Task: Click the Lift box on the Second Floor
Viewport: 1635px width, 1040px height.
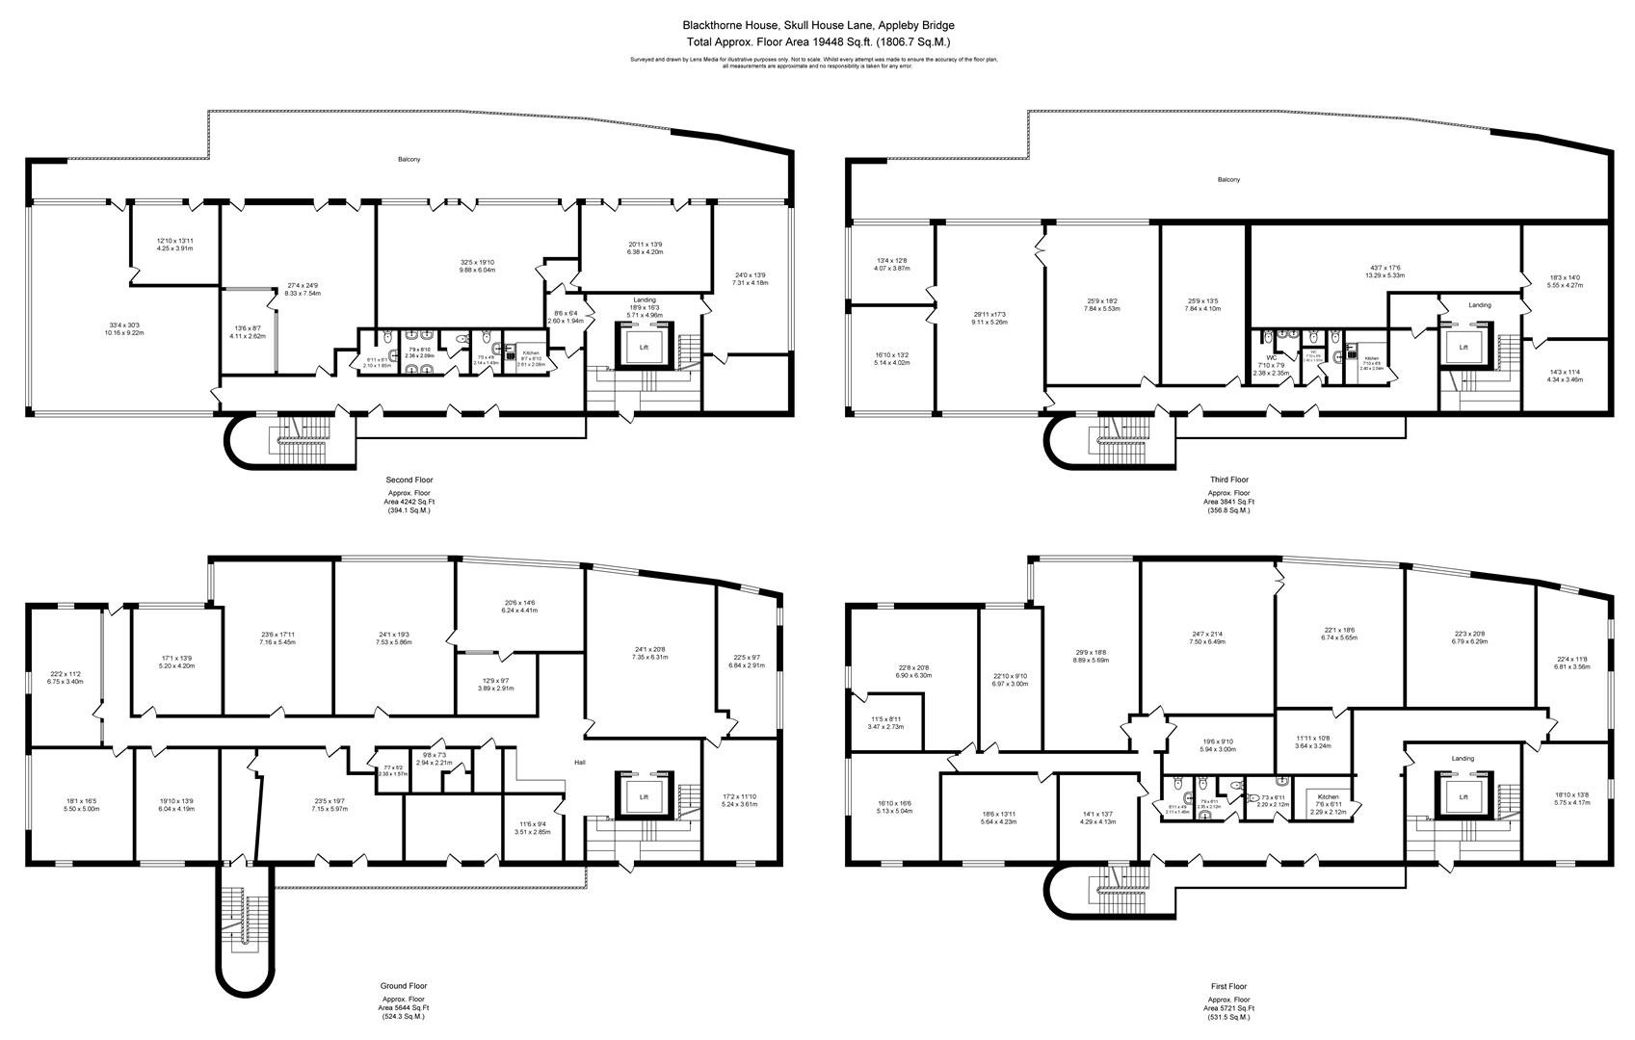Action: [644, 347]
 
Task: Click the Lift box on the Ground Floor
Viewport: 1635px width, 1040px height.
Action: [644, 797]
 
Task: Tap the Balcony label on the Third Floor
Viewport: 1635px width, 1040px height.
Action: [1228, 180]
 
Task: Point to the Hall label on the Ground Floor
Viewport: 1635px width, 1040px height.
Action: [580, 763]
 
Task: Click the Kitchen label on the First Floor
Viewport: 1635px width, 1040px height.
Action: [1329, 798]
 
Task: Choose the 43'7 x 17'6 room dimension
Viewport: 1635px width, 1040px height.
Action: [1384, 272]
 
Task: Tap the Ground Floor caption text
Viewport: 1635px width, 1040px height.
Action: [405, 986]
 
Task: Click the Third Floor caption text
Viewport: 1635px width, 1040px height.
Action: [1228, 480]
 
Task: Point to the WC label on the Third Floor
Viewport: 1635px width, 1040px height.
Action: [1271, 358]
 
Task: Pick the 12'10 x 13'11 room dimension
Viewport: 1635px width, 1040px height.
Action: [175, 245]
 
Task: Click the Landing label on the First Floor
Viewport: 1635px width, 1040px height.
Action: [1463, 759]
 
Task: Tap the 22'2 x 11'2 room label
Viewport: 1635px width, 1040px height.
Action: [66, 678]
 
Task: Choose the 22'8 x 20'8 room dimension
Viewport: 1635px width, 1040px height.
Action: [914, 671]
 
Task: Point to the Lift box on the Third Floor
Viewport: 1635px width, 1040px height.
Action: [1464, 347]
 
